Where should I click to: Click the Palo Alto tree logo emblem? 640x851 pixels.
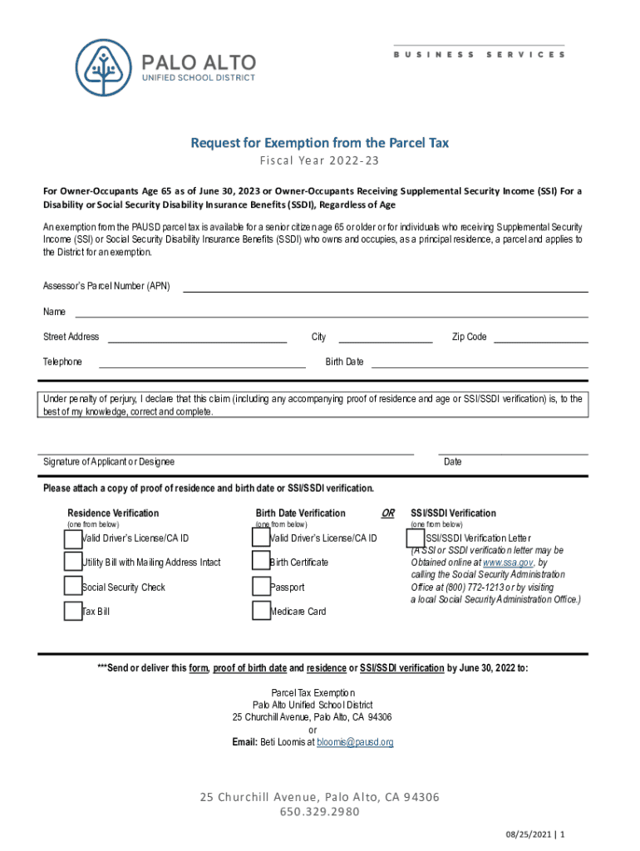click(104, 66)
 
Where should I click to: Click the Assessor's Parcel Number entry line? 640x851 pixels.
click(385, 287)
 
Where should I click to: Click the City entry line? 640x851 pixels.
click(385, 337)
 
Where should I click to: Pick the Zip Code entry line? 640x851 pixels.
click(541, 337)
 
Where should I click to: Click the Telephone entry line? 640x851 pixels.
click(202, 362)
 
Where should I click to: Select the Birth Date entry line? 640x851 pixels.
click(479, 362)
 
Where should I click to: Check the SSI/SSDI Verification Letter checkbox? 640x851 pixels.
click(416, 539)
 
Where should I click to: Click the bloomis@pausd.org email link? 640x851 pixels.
click(355, 742)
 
